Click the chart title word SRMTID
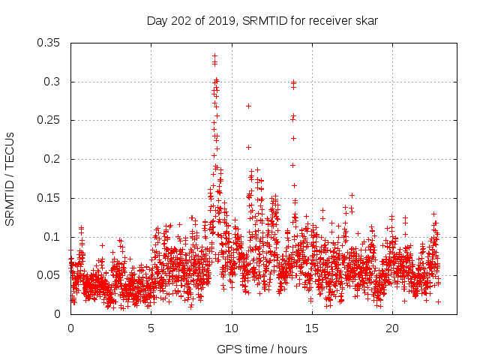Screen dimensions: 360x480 [268, 20]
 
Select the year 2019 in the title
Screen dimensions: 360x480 [222, 20]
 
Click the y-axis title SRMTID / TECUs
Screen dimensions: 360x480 [10, 178]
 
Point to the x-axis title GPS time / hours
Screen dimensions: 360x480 [262, 349]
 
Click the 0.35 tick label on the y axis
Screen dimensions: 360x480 [50, 43]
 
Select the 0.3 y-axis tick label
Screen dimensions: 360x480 [54, 82]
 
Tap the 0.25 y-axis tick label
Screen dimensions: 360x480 [50, 120]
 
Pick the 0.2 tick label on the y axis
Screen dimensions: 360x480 [54, 159]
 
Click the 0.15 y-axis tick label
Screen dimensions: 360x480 [50, 198]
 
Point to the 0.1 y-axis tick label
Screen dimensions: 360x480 [54, 237]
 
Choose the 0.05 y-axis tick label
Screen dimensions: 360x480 [50, 275]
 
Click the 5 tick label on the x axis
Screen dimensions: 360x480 [151, 328]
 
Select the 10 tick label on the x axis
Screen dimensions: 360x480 [232, 328]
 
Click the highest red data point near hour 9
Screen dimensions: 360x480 [214, 55]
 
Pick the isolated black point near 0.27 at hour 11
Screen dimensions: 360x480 [248, 106]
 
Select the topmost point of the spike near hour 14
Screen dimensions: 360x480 [293, 82]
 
